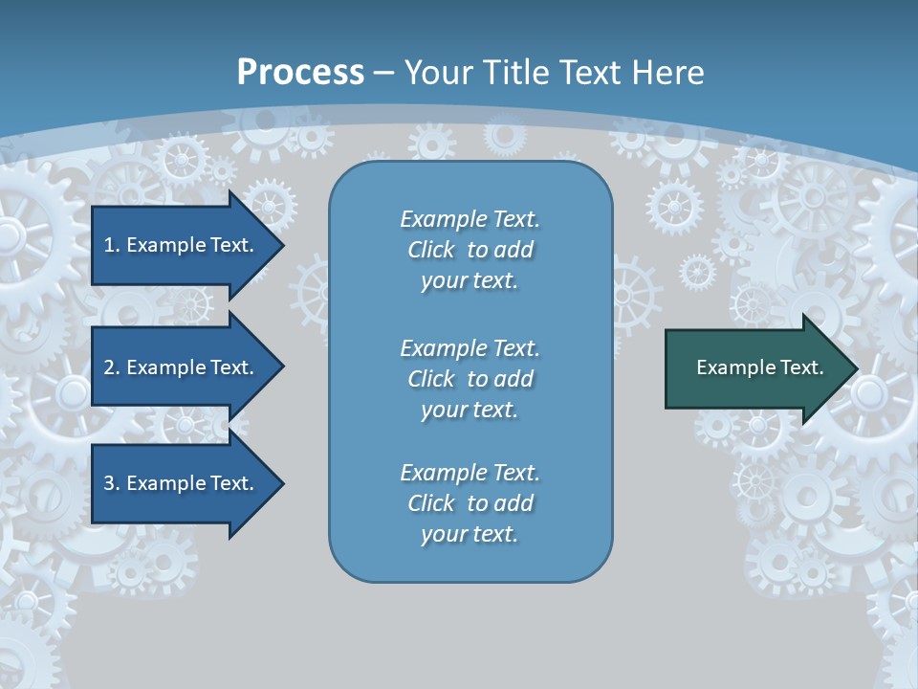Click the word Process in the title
tap(300, 73)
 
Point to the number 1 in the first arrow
tap(109, 245)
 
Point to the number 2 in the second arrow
tap(109, 367)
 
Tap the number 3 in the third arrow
tap(109, 483)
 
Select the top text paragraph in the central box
tap(470, 250)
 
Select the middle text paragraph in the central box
tap(470, 379)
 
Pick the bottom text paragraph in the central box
tap(470, 503)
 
